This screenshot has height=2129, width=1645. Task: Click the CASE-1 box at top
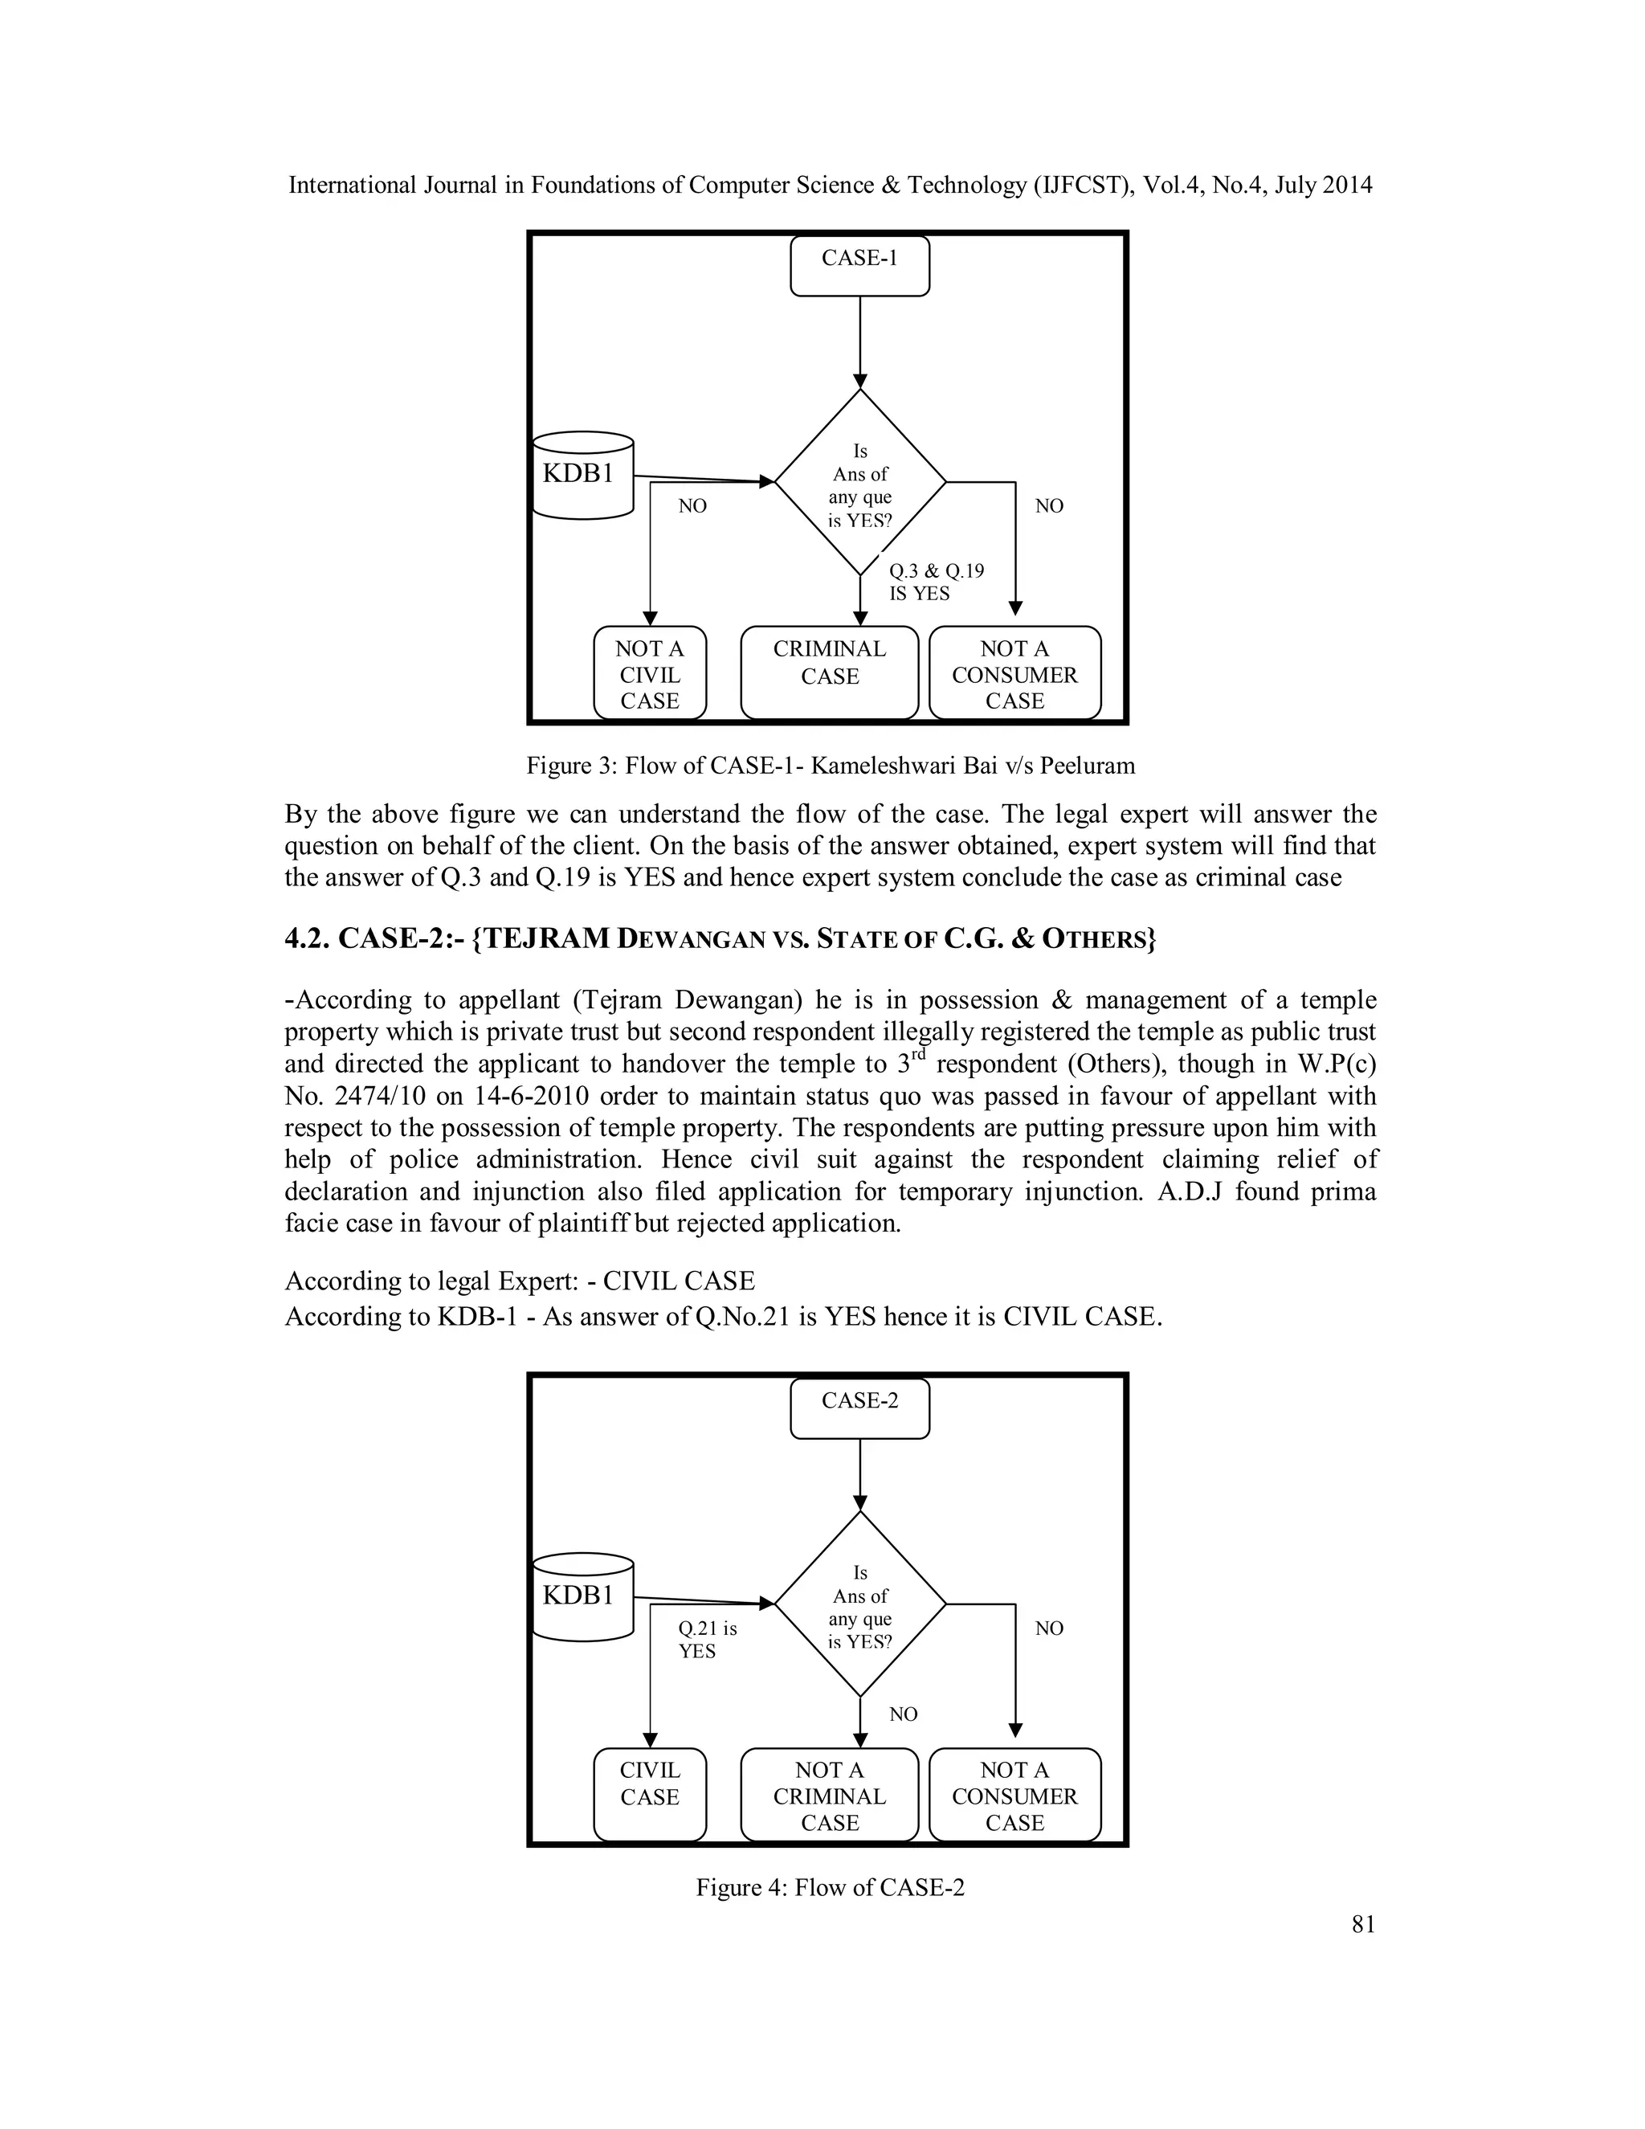(859, 265)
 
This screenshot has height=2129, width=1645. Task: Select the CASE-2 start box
(859, 1408)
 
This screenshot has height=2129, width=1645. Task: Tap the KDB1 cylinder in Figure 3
(583, 475)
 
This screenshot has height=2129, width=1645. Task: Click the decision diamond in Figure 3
(859, 483)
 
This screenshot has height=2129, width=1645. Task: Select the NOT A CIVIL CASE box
(649, 673)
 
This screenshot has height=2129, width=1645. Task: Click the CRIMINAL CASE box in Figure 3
(829, 672)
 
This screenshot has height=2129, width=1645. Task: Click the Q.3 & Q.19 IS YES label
(936, 582)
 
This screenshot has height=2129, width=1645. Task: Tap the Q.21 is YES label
(707, 1639)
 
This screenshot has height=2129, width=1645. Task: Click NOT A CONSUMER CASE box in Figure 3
(1014, 673)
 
